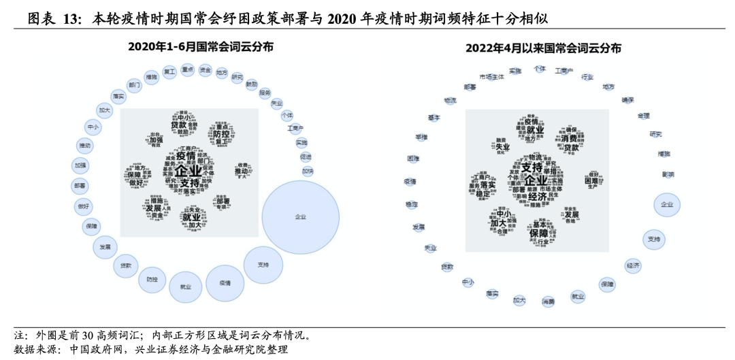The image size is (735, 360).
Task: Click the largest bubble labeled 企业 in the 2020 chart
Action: (300, 216)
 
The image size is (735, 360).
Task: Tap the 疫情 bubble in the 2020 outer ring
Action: (225, 282)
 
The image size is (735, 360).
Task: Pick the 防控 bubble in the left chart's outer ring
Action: (151, 279)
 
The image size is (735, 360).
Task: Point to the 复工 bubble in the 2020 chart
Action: (169, 71)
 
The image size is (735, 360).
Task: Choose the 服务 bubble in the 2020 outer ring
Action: (265, 93)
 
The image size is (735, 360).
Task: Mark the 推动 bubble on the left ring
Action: (84, 146)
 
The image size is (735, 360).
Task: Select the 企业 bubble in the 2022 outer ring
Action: (666, 204)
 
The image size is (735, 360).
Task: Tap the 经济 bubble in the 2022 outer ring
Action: (633, 265)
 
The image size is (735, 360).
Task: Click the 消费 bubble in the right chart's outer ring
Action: (549, 301)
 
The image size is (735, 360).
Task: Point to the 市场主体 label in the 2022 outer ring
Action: (491, 77)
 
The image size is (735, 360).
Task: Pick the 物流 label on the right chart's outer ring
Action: (450, 100)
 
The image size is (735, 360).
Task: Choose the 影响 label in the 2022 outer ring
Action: (668, 174)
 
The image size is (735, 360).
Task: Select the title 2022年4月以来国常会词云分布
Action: (543, 48)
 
